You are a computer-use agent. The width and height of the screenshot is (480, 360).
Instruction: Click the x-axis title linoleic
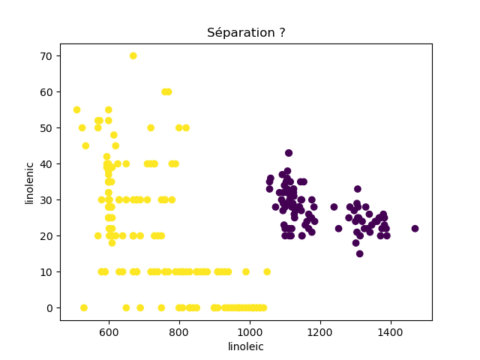246,346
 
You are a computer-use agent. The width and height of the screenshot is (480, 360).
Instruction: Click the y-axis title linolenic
30,182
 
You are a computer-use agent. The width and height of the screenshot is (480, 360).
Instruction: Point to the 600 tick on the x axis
109,331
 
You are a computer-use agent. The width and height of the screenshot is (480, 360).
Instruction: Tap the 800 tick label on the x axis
179,331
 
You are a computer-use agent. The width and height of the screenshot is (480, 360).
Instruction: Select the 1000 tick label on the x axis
250,331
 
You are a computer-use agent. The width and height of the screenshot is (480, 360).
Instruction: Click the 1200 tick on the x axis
320,331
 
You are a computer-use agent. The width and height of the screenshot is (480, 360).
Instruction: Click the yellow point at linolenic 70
133,55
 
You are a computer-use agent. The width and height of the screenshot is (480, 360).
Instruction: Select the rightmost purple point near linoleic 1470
415,229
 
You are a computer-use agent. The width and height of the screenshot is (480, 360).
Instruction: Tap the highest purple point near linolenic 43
289,153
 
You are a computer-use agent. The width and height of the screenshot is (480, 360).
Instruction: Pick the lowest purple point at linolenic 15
359,253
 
